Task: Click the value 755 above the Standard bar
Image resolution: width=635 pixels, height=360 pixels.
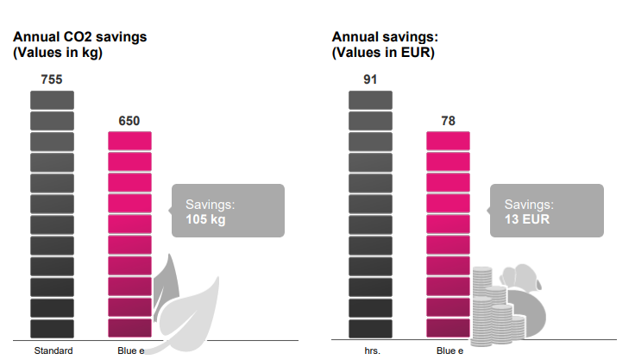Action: [x=52, y=79]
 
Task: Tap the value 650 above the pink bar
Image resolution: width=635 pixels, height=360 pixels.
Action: [x=129, y=121]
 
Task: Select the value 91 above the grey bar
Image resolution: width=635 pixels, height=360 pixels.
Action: [x=370, y=79]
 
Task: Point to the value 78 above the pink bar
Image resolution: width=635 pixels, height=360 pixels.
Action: [x=448, y=121]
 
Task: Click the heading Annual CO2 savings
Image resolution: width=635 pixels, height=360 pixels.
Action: [x=79, y=37]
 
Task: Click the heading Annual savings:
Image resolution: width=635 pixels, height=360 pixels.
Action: [x=386, y=37]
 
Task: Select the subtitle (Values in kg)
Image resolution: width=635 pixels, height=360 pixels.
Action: [x=58, y=52]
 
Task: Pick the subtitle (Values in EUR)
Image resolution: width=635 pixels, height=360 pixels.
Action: [x=383, y=52]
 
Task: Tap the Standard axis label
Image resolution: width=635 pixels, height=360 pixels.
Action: [x=53, y=351]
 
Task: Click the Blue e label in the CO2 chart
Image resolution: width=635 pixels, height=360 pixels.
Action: [x=130, y=351]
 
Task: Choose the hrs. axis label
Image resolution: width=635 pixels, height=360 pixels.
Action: [x=372, y=351]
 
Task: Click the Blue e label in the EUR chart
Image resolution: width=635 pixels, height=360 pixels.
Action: [x=450, y=351]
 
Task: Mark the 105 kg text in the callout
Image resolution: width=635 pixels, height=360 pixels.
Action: [x=205, y=219]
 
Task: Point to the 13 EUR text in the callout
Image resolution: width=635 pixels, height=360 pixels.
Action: [x=526, y=219]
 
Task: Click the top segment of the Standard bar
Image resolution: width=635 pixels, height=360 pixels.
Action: [x=52, y=99]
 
